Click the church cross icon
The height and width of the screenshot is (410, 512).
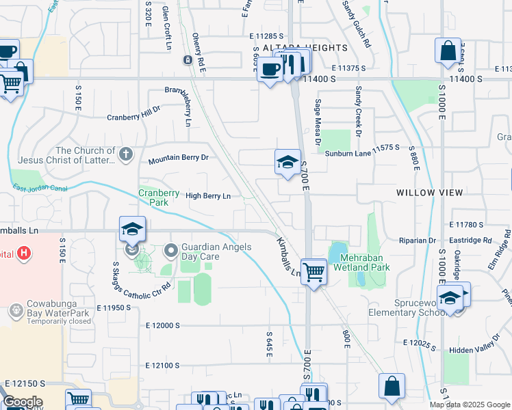click(125, 154)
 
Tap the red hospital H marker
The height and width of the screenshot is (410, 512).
click(24, 254)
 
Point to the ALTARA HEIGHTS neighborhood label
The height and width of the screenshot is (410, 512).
click(305, 48)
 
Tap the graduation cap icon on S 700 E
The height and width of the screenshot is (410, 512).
click(288, 162)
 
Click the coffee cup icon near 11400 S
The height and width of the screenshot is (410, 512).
click(270, 69)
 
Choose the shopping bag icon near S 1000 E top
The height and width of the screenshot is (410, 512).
click(447, 51)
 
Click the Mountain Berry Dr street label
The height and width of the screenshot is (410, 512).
click(178, 160)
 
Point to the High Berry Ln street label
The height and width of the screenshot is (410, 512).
click(208, 196)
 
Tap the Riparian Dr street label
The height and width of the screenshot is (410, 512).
click(418, 241)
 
